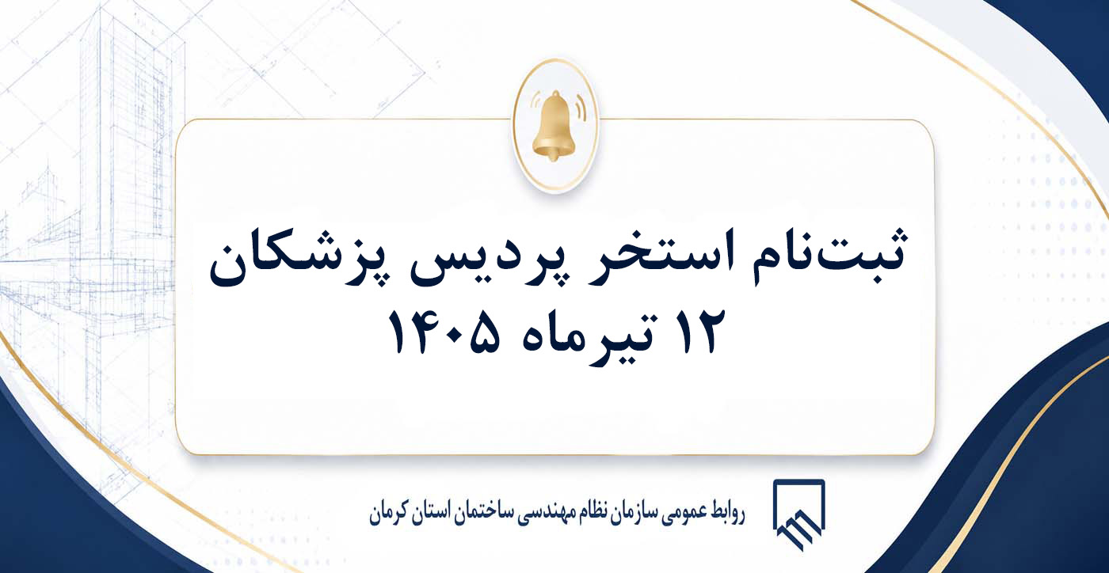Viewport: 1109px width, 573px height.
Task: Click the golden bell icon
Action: pos(554,126)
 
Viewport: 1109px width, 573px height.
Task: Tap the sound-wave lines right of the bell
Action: pos(580,108)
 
